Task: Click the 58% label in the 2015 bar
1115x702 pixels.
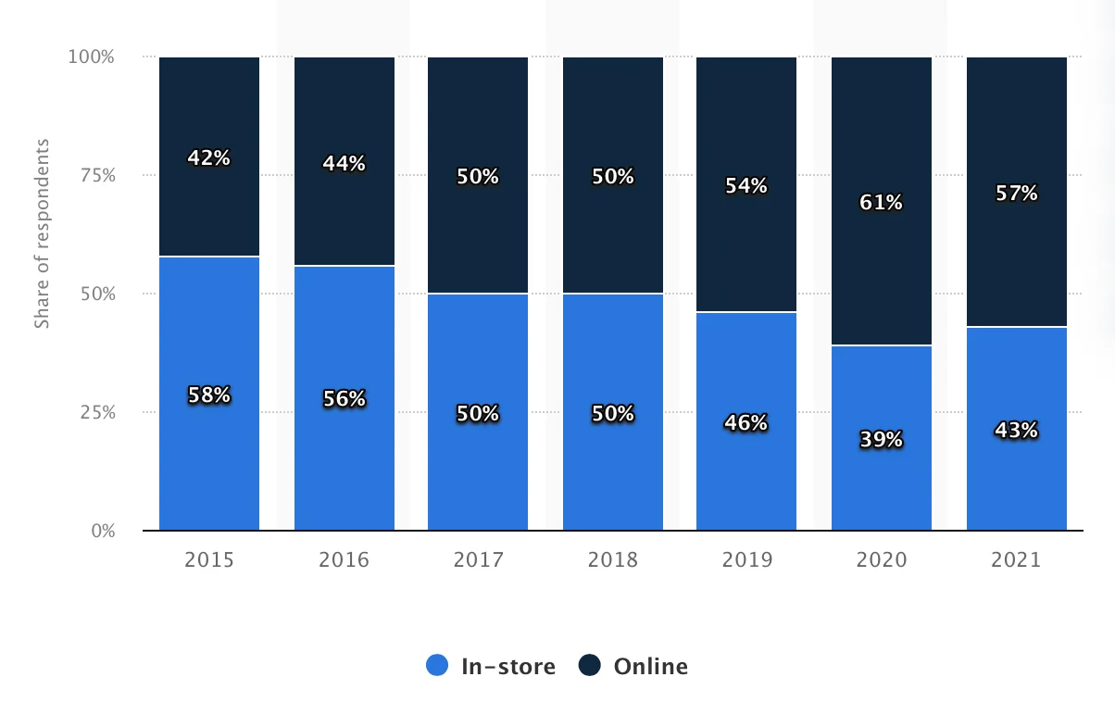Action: click(x=209, y=395)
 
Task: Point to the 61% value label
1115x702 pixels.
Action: click(x=882, y=203)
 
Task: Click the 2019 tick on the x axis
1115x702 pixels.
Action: click(x=745, y=560)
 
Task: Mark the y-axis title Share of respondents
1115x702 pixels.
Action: click(x=42, y=233)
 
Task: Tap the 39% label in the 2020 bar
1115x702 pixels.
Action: click(x=882, y=440)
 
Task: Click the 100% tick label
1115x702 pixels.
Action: click(x=91, y=56)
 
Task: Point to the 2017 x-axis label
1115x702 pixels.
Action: click(x=478, y=560)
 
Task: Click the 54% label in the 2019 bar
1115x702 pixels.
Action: click(x=746, y=186)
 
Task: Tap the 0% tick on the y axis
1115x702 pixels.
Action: click(x=102, y=531)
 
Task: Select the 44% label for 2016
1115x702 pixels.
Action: click(x=345, y=164)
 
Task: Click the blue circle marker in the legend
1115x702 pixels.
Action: click(x=437, y=665)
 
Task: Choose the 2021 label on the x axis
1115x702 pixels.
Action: click(x=1016, y=560)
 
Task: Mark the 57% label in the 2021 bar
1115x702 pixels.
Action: click(x=1017, y=194)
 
